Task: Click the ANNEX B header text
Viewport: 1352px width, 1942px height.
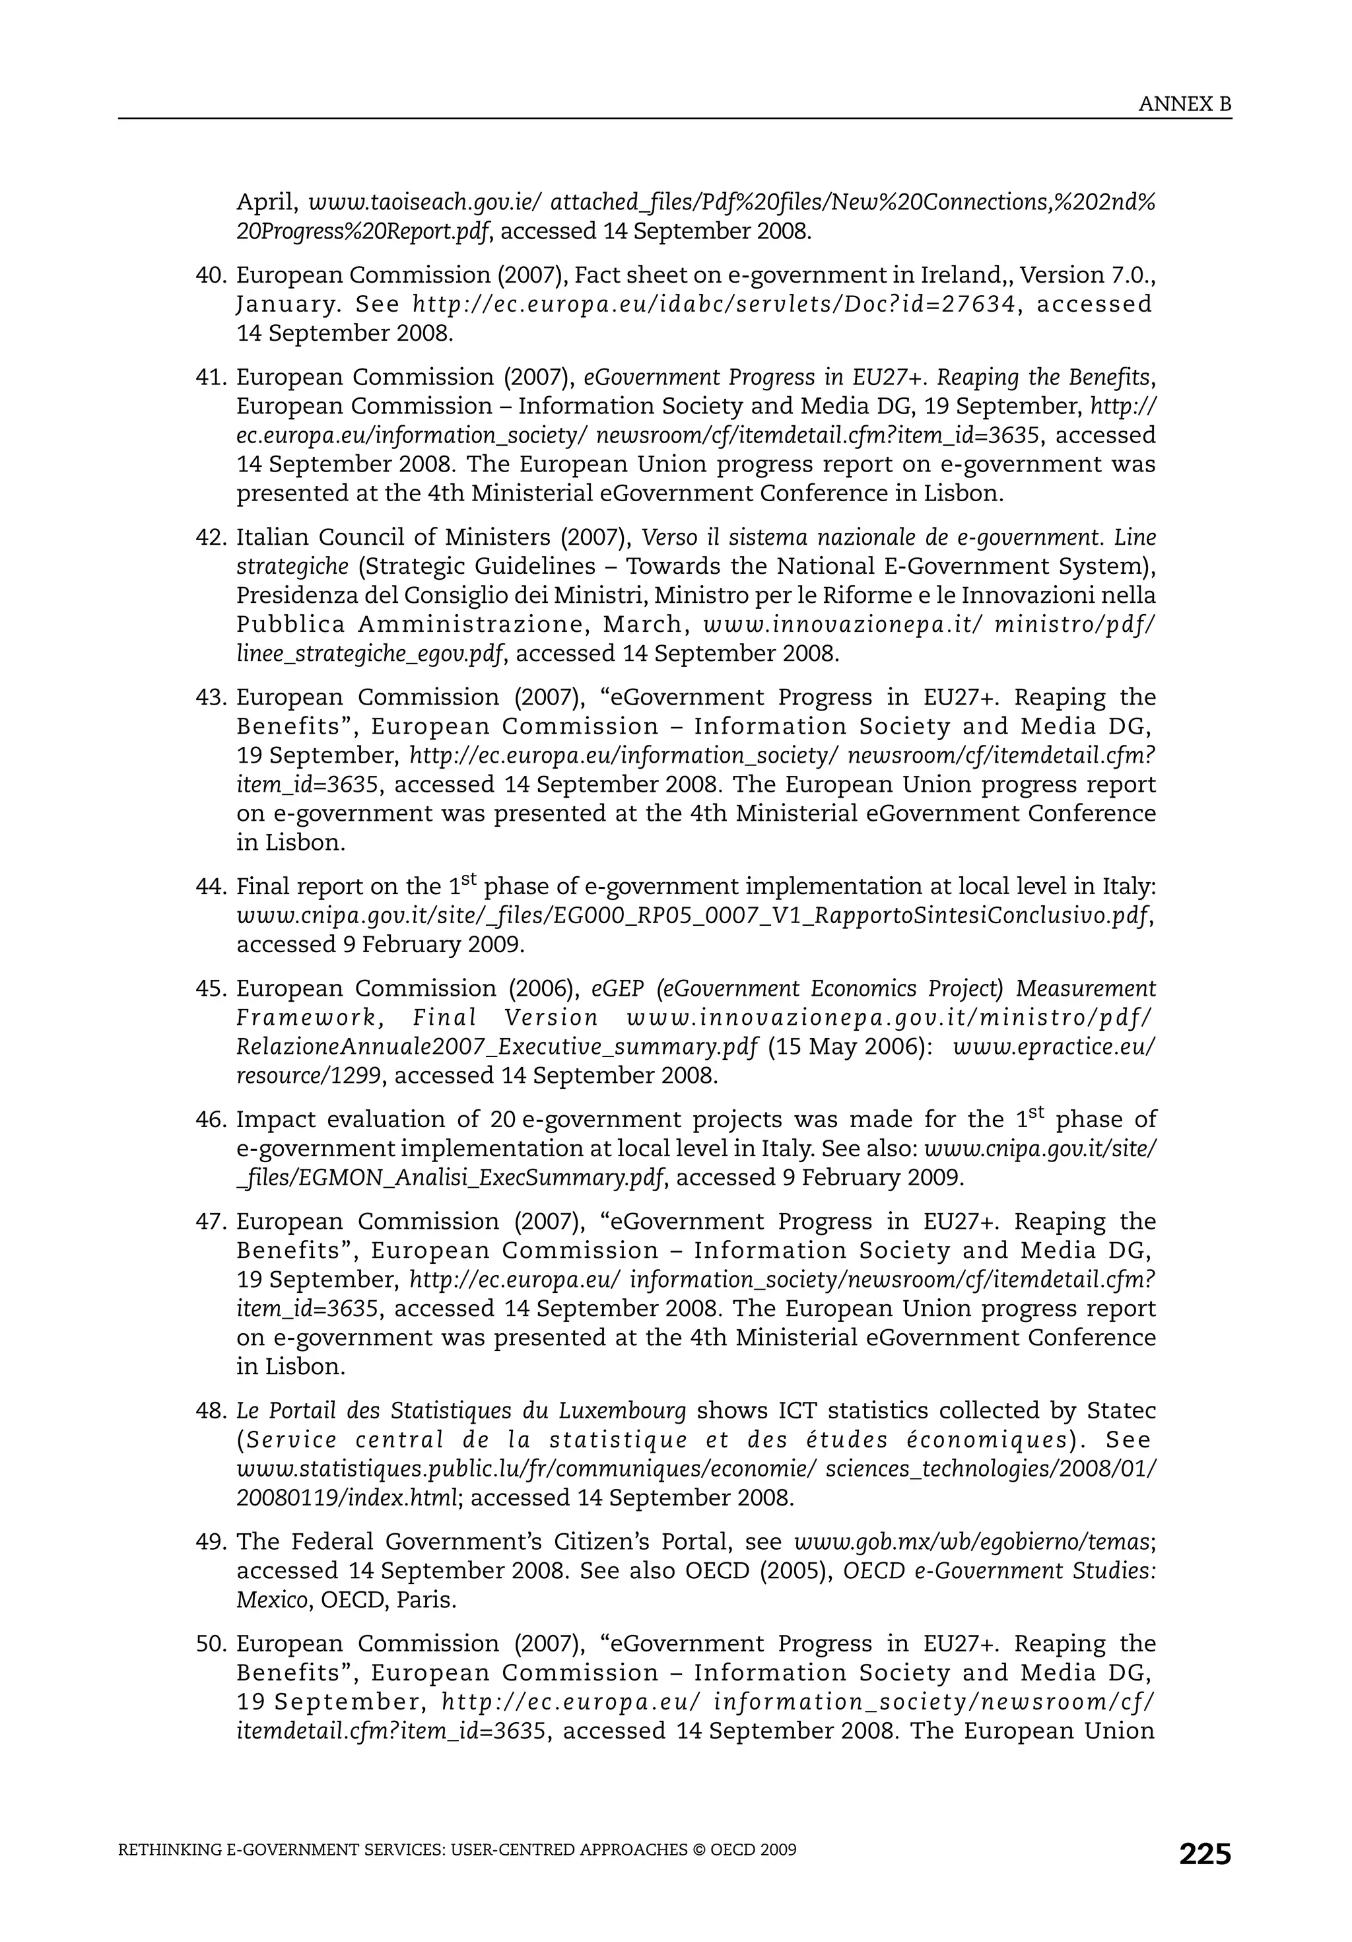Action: [x=1184, y=104]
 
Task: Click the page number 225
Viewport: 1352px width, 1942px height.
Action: [x=1205, y=1854]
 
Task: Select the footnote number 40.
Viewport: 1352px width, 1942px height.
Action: [x=211, y=276]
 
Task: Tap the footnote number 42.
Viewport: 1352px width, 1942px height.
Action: [x=211, y=538]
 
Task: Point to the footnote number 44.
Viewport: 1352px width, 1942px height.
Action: [x=211, y=887]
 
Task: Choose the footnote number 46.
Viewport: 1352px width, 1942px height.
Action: [x=211, y=1120]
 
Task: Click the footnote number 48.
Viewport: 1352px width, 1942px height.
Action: [x=211, y=1411]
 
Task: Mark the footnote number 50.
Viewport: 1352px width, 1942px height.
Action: [x=211, y=1644]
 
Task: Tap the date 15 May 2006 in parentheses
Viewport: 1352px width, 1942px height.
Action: [x=849, y=1047]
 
